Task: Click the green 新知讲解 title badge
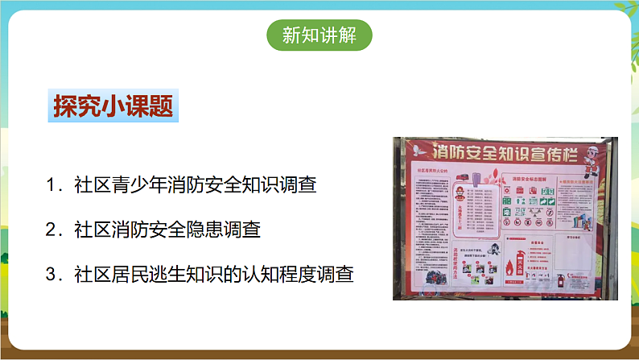click(319, 36)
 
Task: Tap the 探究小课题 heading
click(112, 107)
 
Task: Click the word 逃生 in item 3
click(178, 274)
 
